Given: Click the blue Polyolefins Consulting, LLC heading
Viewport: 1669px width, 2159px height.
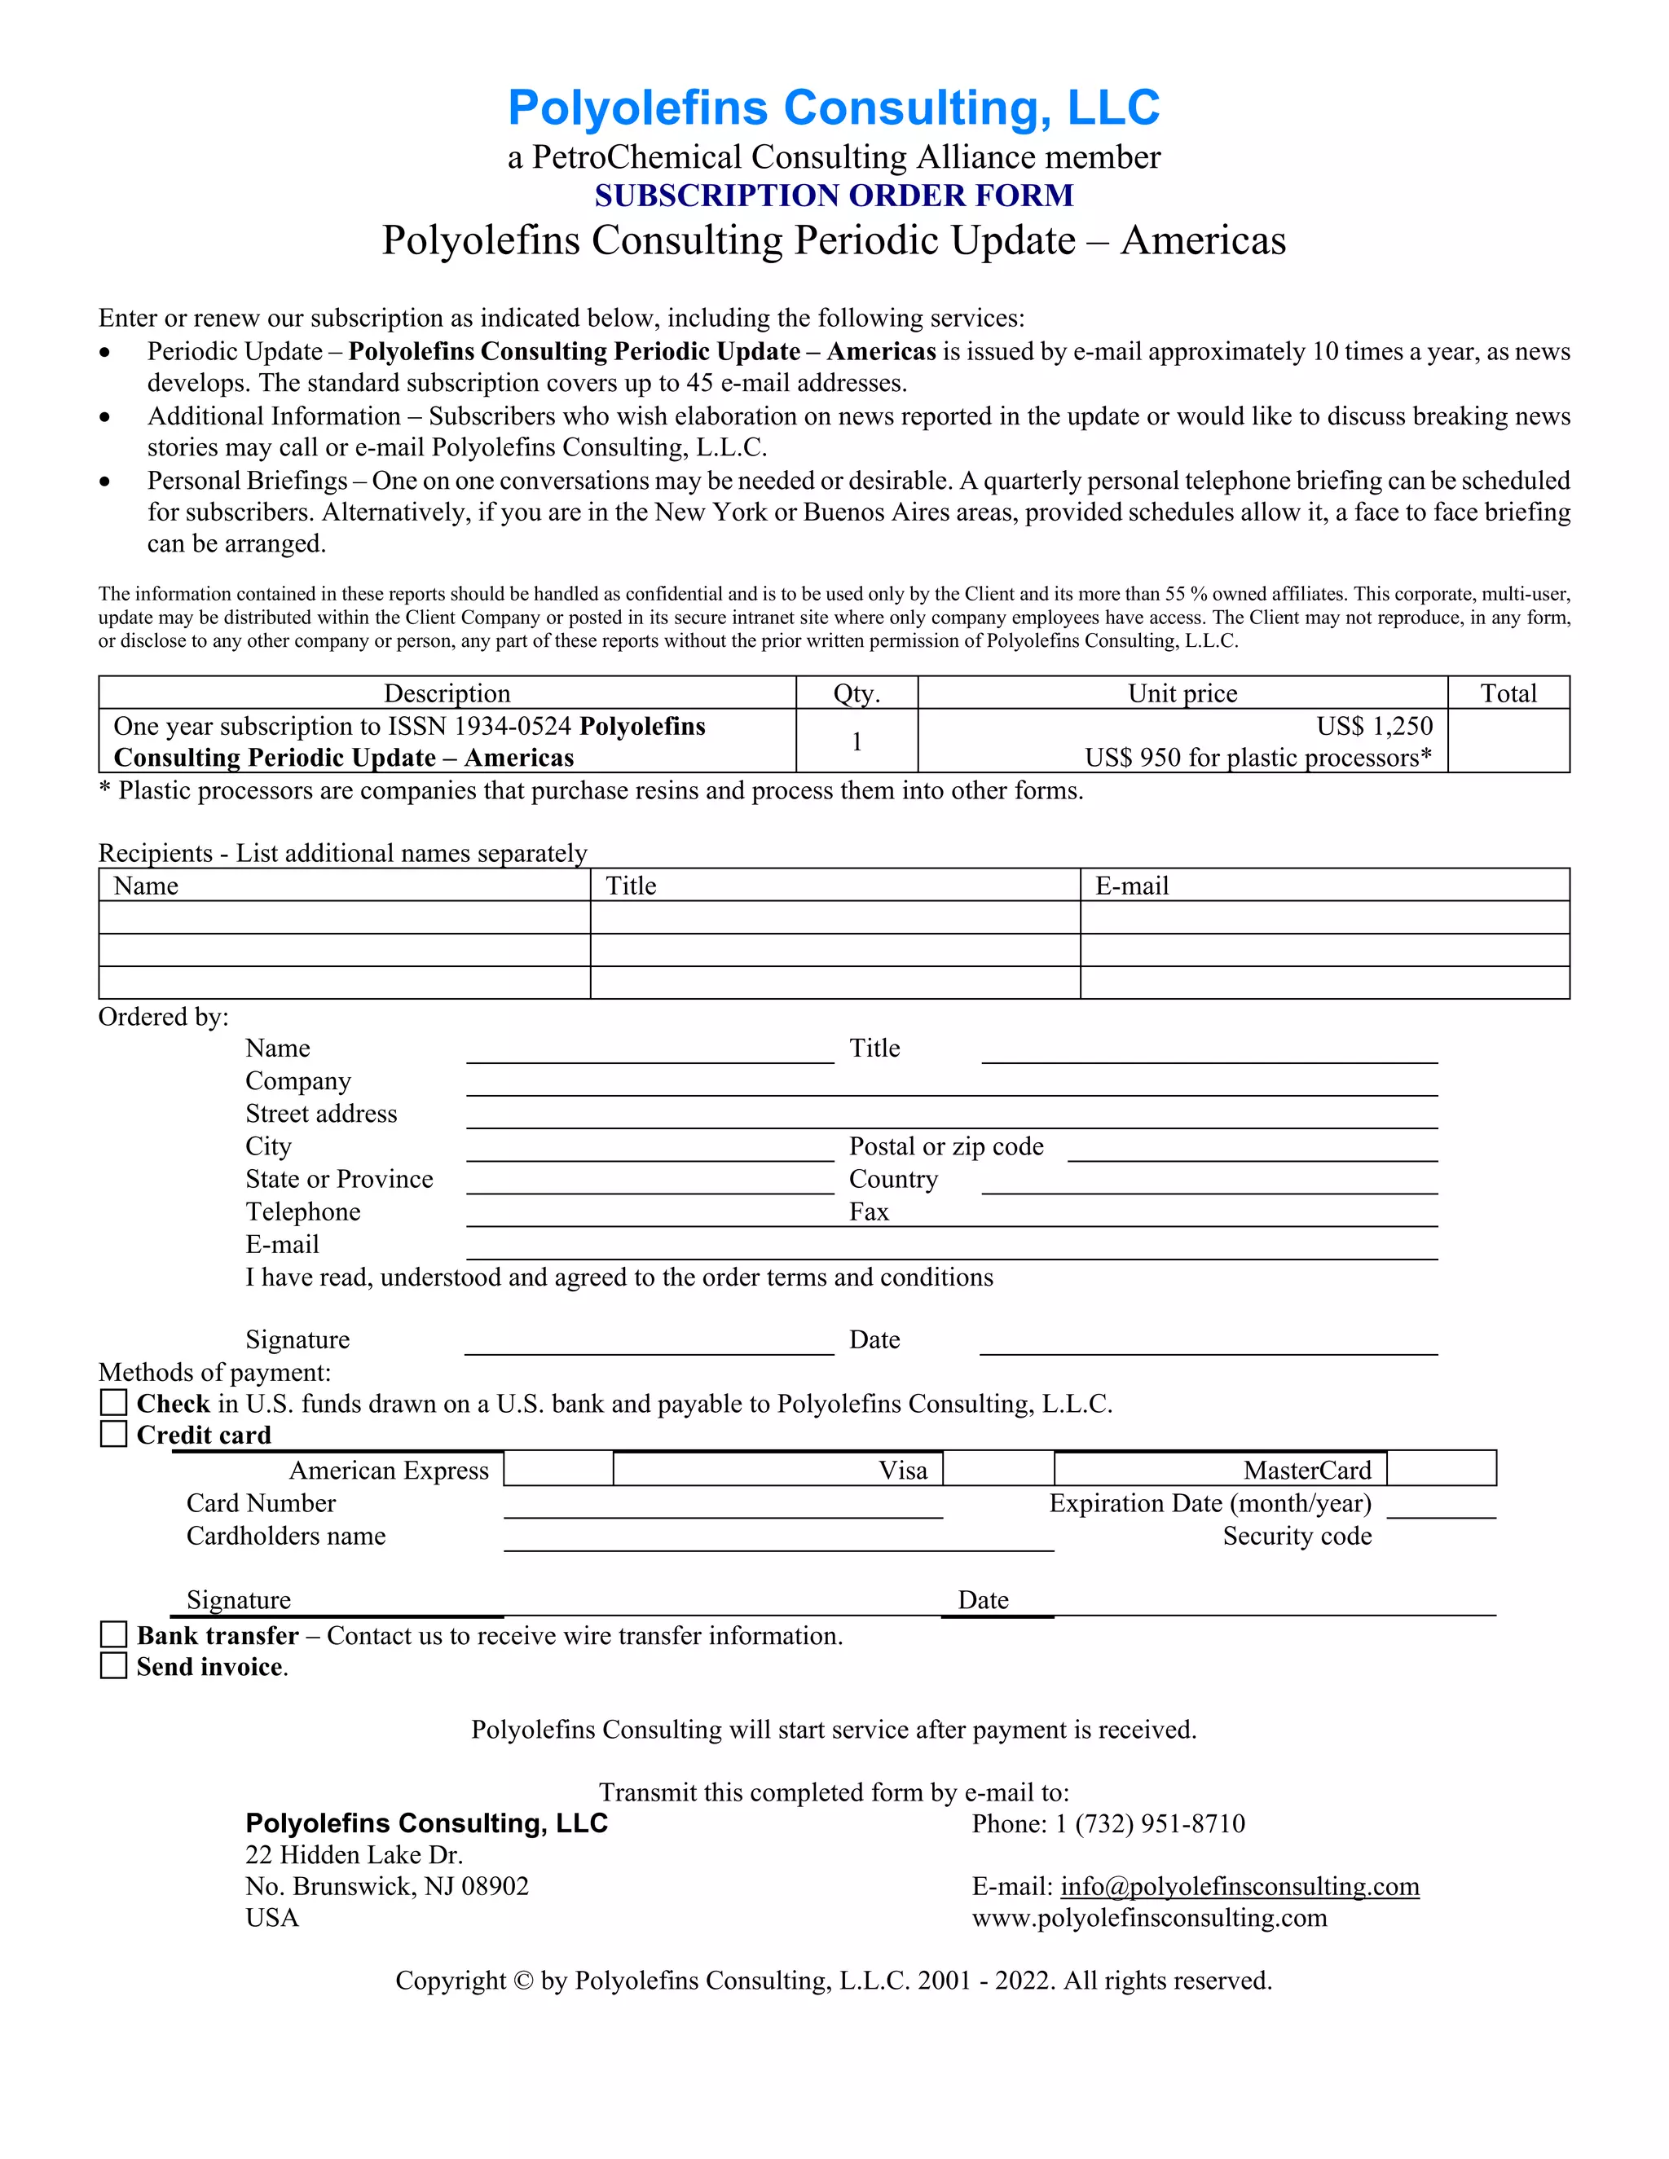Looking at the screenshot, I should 834,107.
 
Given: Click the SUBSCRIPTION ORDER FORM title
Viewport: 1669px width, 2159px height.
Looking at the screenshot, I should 834,196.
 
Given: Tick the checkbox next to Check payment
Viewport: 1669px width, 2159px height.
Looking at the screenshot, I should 114,1402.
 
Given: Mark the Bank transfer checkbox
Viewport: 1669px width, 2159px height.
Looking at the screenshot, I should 114,1634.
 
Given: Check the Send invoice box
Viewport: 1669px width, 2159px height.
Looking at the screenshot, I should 114,1666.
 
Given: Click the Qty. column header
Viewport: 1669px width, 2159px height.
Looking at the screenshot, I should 857,693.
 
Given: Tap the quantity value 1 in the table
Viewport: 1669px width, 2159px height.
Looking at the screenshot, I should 857,741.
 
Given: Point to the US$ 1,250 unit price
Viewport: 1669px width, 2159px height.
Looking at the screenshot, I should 1373,727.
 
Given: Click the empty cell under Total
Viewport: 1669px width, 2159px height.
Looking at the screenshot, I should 1508,741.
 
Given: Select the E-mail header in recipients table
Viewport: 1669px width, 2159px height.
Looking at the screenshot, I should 1131,886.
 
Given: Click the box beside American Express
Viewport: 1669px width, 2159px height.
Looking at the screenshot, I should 558,1469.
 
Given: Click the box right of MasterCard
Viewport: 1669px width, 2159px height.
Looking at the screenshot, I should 1441,1469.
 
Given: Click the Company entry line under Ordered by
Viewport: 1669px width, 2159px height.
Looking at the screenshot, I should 951,1084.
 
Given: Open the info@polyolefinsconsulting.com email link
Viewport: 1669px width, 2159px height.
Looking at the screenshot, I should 1240,1886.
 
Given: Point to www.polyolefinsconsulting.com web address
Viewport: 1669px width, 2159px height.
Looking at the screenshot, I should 1149,1918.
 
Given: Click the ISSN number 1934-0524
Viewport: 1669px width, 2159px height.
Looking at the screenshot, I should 512,727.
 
